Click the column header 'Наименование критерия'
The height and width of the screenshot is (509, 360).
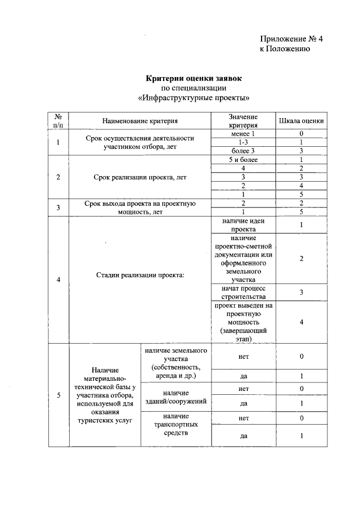(x=139, y=120)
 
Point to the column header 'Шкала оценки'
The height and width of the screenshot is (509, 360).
(x=301, y=120)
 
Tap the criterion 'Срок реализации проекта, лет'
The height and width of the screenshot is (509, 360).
(x=139, y=177)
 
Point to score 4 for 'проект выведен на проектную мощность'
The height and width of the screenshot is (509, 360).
(x=301, y=322)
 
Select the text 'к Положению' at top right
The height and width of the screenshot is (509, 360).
(x=285, y=49)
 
